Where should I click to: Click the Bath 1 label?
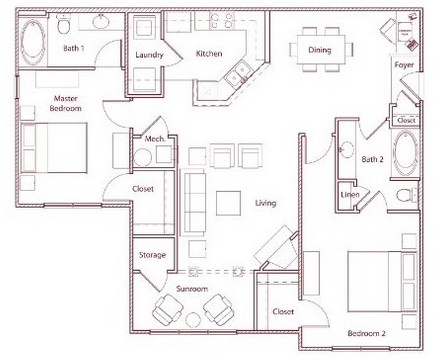(x=74, y=48)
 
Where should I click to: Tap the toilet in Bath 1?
(x=63, y=24)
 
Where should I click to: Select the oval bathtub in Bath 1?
(x=33, y=42)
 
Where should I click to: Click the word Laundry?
(x=149, y=55)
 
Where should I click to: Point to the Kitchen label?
(x=209, y=54)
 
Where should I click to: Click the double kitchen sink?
(x=237, y=74)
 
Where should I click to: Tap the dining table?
(x=321, y=50)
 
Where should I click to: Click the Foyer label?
(x=404, y=65)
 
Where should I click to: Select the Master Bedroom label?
(x=65, y=103)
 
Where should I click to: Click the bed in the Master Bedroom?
(x=54, y=148)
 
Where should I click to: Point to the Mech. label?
(x=154, y=138)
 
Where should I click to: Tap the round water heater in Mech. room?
(x=143, y=158)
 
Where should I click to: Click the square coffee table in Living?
(x=228, y=203)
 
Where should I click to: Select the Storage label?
(x=152, y=255)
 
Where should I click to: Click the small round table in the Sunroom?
(x=193, y=320)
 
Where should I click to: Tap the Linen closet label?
(x=350, y=194)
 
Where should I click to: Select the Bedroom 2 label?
(x=367, y=333)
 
